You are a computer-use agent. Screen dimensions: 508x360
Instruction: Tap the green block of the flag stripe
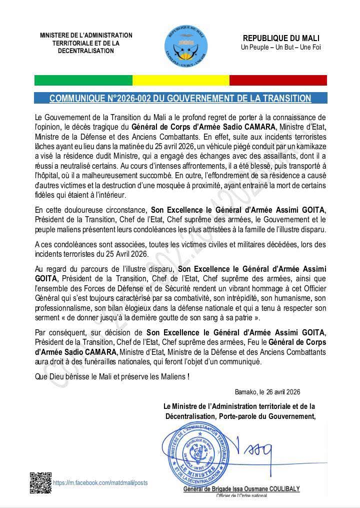[x=83, y=80]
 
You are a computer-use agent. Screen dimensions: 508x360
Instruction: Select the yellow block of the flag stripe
[x=180, y=80]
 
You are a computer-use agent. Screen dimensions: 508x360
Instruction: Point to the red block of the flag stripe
[x=278, y=80]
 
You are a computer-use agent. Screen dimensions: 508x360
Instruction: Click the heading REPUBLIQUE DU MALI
[x=281, y=39]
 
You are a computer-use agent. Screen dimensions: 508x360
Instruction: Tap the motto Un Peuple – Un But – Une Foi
[x=281, y=48]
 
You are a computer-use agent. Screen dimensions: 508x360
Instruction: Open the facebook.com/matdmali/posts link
[x=100, y=483]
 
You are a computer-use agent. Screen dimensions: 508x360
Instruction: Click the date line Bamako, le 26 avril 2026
[x=267, y=392]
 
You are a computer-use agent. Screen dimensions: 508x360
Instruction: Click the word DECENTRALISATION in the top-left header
[x=86, y=51]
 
